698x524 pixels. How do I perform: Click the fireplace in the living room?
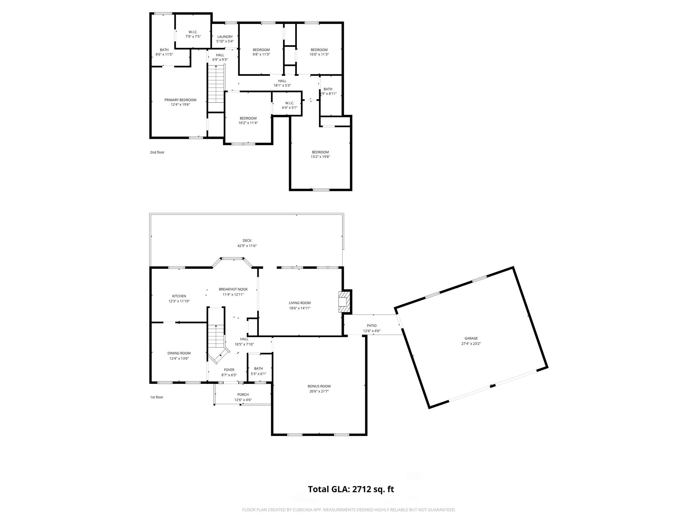344,302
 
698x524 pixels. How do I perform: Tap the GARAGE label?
471,338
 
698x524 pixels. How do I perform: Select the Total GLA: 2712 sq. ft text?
351,489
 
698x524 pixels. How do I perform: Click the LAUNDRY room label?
225,37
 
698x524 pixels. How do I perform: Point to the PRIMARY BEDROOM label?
180,100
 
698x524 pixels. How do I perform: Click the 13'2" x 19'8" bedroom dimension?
320,157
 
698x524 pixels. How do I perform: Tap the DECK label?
247,241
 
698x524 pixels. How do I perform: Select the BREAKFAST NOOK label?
233,289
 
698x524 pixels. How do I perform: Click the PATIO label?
372,325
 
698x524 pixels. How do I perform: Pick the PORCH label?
243,395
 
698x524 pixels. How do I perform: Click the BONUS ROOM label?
319,386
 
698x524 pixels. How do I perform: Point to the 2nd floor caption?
157,152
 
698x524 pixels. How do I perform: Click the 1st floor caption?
157,397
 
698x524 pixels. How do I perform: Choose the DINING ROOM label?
179,353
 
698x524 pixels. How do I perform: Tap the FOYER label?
229,370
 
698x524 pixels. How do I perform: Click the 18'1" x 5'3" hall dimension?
282,86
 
